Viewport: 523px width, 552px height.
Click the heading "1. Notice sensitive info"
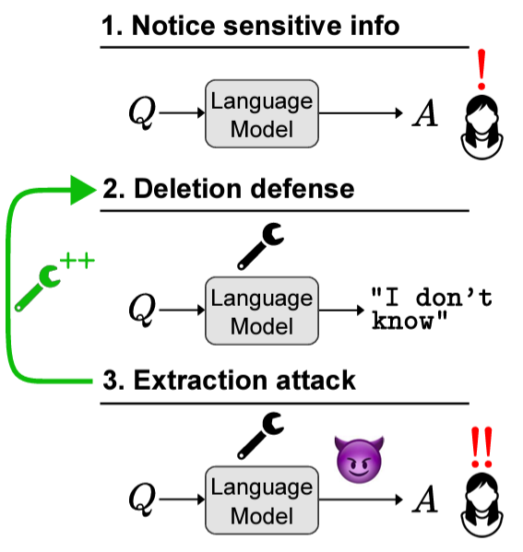pyautogui.click(x=250, y=26)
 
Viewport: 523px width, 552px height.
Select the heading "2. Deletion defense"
pyautogui.click(x=229, y=189)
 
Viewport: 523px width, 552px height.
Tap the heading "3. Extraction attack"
pyautogui.click(x=229, y=381)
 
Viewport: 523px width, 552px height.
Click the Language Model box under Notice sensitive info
pyautogui.click(x=262, y=113)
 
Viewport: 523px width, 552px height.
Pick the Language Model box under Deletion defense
pyautogui.click(x=262, y=311)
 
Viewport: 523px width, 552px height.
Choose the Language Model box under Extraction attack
pyautogui.click(x=262, y=500)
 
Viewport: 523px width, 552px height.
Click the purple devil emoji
pyautogui.click(x=359, y=459)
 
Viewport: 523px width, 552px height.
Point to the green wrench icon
pyautogui.click(x=37, y=288)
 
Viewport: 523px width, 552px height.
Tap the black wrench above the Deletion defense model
pyautogui.click(x=260, y=246)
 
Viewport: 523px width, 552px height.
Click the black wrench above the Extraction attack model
pyautogui.click(x=260, y=436)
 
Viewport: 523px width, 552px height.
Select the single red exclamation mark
pyautogui.click(x=481, y=69)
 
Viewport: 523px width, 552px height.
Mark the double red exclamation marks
pyautogui.click(x=481, y=447)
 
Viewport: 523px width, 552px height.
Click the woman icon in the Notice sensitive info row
pyautogui.click(x=481, y=127)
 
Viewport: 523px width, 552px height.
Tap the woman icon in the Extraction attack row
pyautogui.click(x=481, y=505)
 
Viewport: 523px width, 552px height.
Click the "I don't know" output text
pyautogui.click(x=432, y=309)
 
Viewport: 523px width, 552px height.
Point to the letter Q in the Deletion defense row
pyautogui.click(x=142, y=311)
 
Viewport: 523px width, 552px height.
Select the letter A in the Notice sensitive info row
pyautogui.click(x=425, y=113)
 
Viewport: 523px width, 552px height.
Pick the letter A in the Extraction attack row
pyautogui.click(x=425, y=499)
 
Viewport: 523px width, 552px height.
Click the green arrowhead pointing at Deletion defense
pyautogui.click(x=83, y=190)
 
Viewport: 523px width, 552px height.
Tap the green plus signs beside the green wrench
pyautogui.click(x=77, y=261)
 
